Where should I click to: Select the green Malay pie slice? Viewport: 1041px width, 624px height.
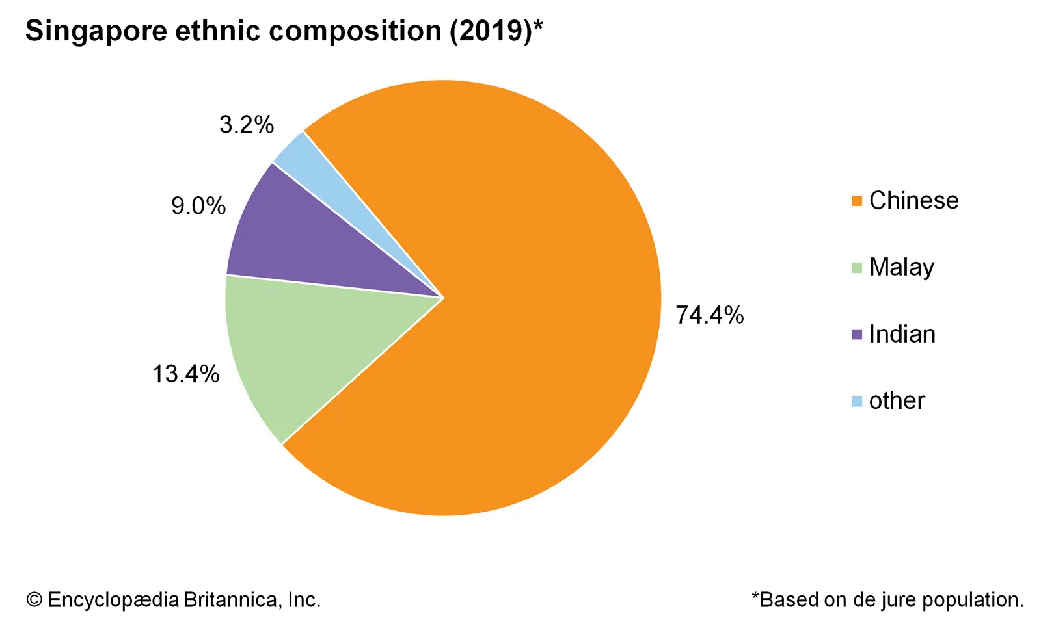pos(306,351)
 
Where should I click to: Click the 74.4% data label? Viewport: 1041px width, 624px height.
pos(709,315)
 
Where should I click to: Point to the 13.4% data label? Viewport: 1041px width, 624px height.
pos(185,374)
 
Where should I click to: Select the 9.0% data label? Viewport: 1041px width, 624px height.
pos(198,206)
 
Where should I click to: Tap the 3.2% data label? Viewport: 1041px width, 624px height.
pos(247,124)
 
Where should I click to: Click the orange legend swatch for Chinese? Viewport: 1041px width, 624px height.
pos(857,201)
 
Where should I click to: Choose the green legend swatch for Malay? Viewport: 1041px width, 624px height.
pos(857,268)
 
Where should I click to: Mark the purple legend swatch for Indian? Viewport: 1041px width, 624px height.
pos(857,335)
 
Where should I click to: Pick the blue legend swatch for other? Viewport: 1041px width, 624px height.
pos(857,401)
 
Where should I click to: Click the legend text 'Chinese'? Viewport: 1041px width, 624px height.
pos(913,201)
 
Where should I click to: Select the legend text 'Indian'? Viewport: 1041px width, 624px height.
pos(902,334)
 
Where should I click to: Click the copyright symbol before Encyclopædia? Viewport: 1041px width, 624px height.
pos(34,599)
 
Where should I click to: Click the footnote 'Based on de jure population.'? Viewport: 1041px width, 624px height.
pos(891,599)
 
